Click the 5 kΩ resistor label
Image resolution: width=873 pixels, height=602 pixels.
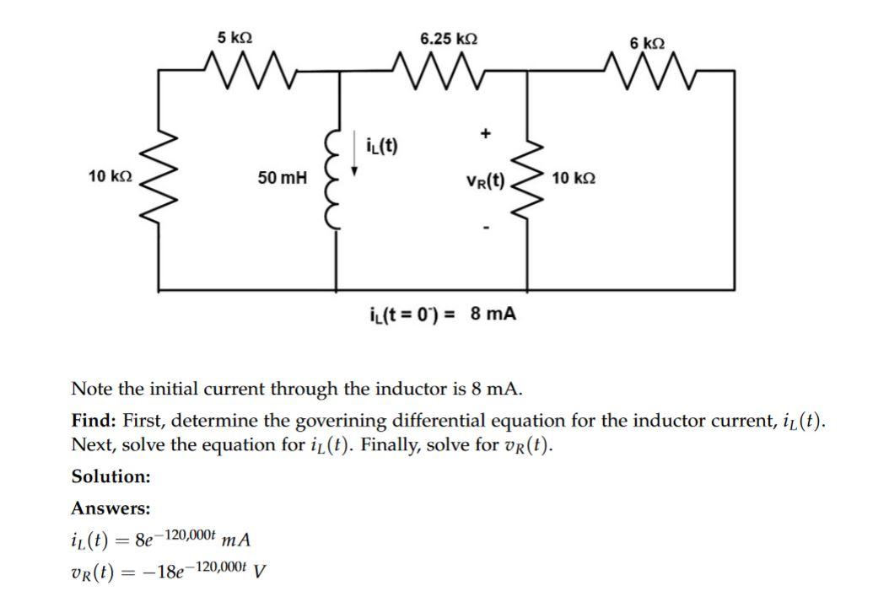click(234, 37)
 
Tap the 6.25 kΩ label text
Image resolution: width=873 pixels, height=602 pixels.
click(449, 39)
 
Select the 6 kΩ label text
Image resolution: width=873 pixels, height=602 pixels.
click(647, 42)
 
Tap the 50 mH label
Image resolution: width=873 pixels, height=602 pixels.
click(283, 178)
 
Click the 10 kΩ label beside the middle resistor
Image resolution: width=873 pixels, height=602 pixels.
click(574, 178)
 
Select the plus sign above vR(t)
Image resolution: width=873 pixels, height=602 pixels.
click(485, 133)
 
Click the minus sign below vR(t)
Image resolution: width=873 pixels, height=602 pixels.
click(485, 227)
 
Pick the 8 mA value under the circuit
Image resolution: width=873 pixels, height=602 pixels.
click(493, 314)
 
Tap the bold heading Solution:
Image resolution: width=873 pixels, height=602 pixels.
click(110, 476)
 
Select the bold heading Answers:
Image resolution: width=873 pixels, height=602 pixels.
click(110, 508)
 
